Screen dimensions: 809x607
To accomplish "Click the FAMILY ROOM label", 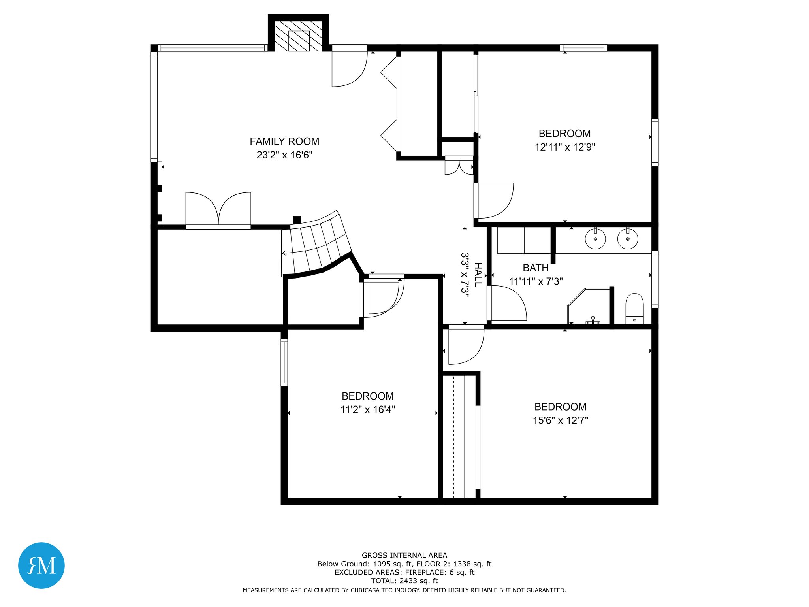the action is click(284, 141).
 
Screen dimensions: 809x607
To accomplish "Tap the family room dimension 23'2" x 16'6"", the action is click(284, 155).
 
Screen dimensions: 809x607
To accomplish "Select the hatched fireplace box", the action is click(298, 36).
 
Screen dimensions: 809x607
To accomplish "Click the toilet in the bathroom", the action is click(634, 309).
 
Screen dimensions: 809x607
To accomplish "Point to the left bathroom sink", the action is click(595, 239).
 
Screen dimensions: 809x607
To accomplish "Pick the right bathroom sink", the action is click(628, 239).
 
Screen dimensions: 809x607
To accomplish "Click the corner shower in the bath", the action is click(589, 307).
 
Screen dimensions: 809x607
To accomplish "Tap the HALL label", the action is click(478, 274).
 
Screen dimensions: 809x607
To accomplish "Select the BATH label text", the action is click(536, 268).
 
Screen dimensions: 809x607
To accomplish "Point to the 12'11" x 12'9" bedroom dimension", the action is click(565, 147).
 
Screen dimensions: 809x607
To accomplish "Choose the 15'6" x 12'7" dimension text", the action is click(561, 420).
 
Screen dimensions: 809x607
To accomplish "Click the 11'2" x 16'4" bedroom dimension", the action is click(368, 409).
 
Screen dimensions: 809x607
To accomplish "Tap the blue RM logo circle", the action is click(41, 566).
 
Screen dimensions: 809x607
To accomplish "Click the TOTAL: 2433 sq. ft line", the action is click(404, 581).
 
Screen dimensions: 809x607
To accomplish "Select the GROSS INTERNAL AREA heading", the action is click(404, 555).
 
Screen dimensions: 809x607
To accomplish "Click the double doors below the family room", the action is click(218, 209).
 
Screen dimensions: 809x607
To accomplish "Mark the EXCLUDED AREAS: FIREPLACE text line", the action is click(404, 572).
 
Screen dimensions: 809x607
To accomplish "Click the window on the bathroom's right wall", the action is click(655, 279).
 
